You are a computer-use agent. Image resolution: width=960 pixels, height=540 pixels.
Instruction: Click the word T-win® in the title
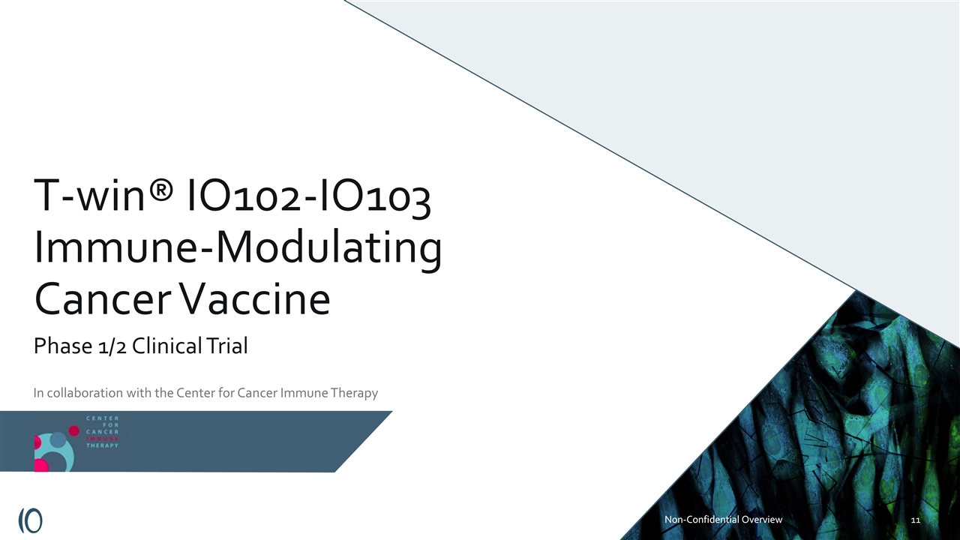coord(104,199)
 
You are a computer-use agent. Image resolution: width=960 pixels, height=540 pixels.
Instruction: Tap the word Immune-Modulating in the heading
coord(237,250)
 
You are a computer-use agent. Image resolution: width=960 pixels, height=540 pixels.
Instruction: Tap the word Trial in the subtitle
coord(224,346)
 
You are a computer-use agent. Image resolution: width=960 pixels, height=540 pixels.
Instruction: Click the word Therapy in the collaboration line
coord(352,392)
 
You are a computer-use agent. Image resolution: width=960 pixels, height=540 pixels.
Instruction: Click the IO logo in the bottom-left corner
coord(30,520)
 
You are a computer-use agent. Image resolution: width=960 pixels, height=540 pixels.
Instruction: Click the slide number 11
coord(916,520)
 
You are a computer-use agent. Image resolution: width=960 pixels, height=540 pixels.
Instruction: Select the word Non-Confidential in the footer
coord(700,519)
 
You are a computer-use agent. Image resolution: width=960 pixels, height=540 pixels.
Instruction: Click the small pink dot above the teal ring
coord(73,430)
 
